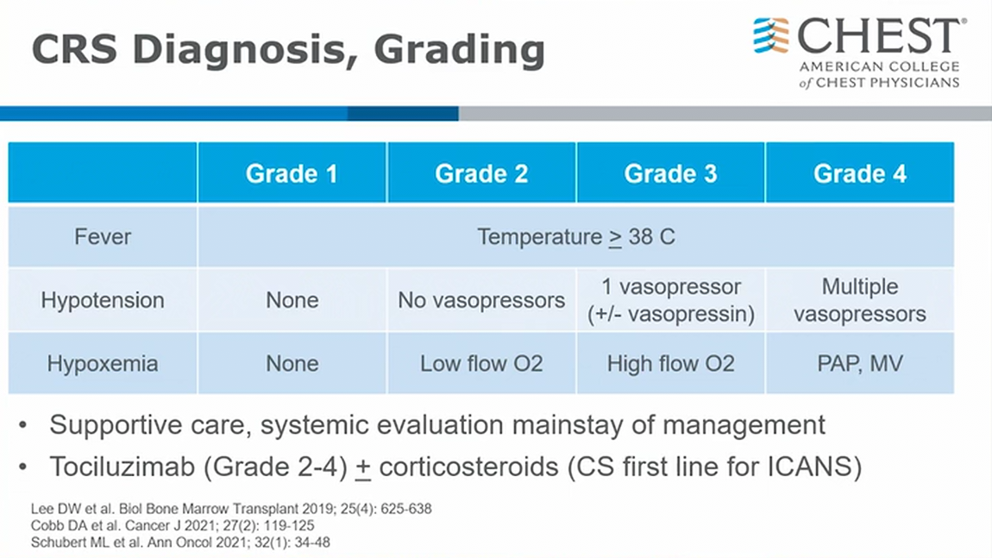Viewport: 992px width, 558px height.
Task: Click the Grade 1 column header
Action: point(292,173)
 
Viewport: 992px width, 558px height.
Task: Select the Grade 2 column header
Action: point(481,173)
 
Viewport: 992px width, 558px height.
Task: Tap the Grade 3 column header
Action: point(670,173)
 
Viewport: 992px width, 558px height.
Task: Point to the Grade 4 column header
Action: point(860,173)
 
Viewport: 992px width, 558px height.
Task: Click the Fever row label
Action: point(103,236)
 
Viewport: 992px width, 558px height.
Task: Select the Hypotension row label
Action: point(103,300)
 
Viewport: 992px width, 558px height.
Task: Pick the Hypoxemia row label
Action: point(103,364)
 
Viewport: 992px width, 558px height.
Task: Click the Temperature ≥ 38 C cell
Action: point(575,236)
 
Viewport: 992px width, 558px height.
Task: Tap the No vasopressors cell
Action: point(481,300)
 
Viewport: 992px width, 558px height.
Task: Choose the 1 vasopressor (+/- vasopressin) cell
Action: point(670,300)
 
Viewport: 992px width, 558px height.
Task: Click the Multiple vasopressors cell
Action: point(860,300)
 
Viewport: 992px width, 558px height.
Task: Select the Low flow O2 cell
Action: point(481,364)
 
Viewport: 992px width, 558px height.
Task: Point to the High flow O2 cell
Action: point(670,364)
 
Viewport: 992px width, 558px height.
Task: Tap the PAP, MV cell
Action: point(860,364)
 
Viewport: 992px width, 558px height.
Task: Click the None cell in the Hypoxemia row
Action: point(292,364)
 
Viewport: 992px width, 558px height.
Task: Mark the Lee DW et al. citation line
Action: point(231,509)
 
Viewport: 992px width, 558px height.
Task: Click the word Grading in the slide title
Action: point(459,50)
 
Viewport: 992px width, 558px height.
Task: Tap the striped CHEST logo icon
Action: point(771,35)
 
